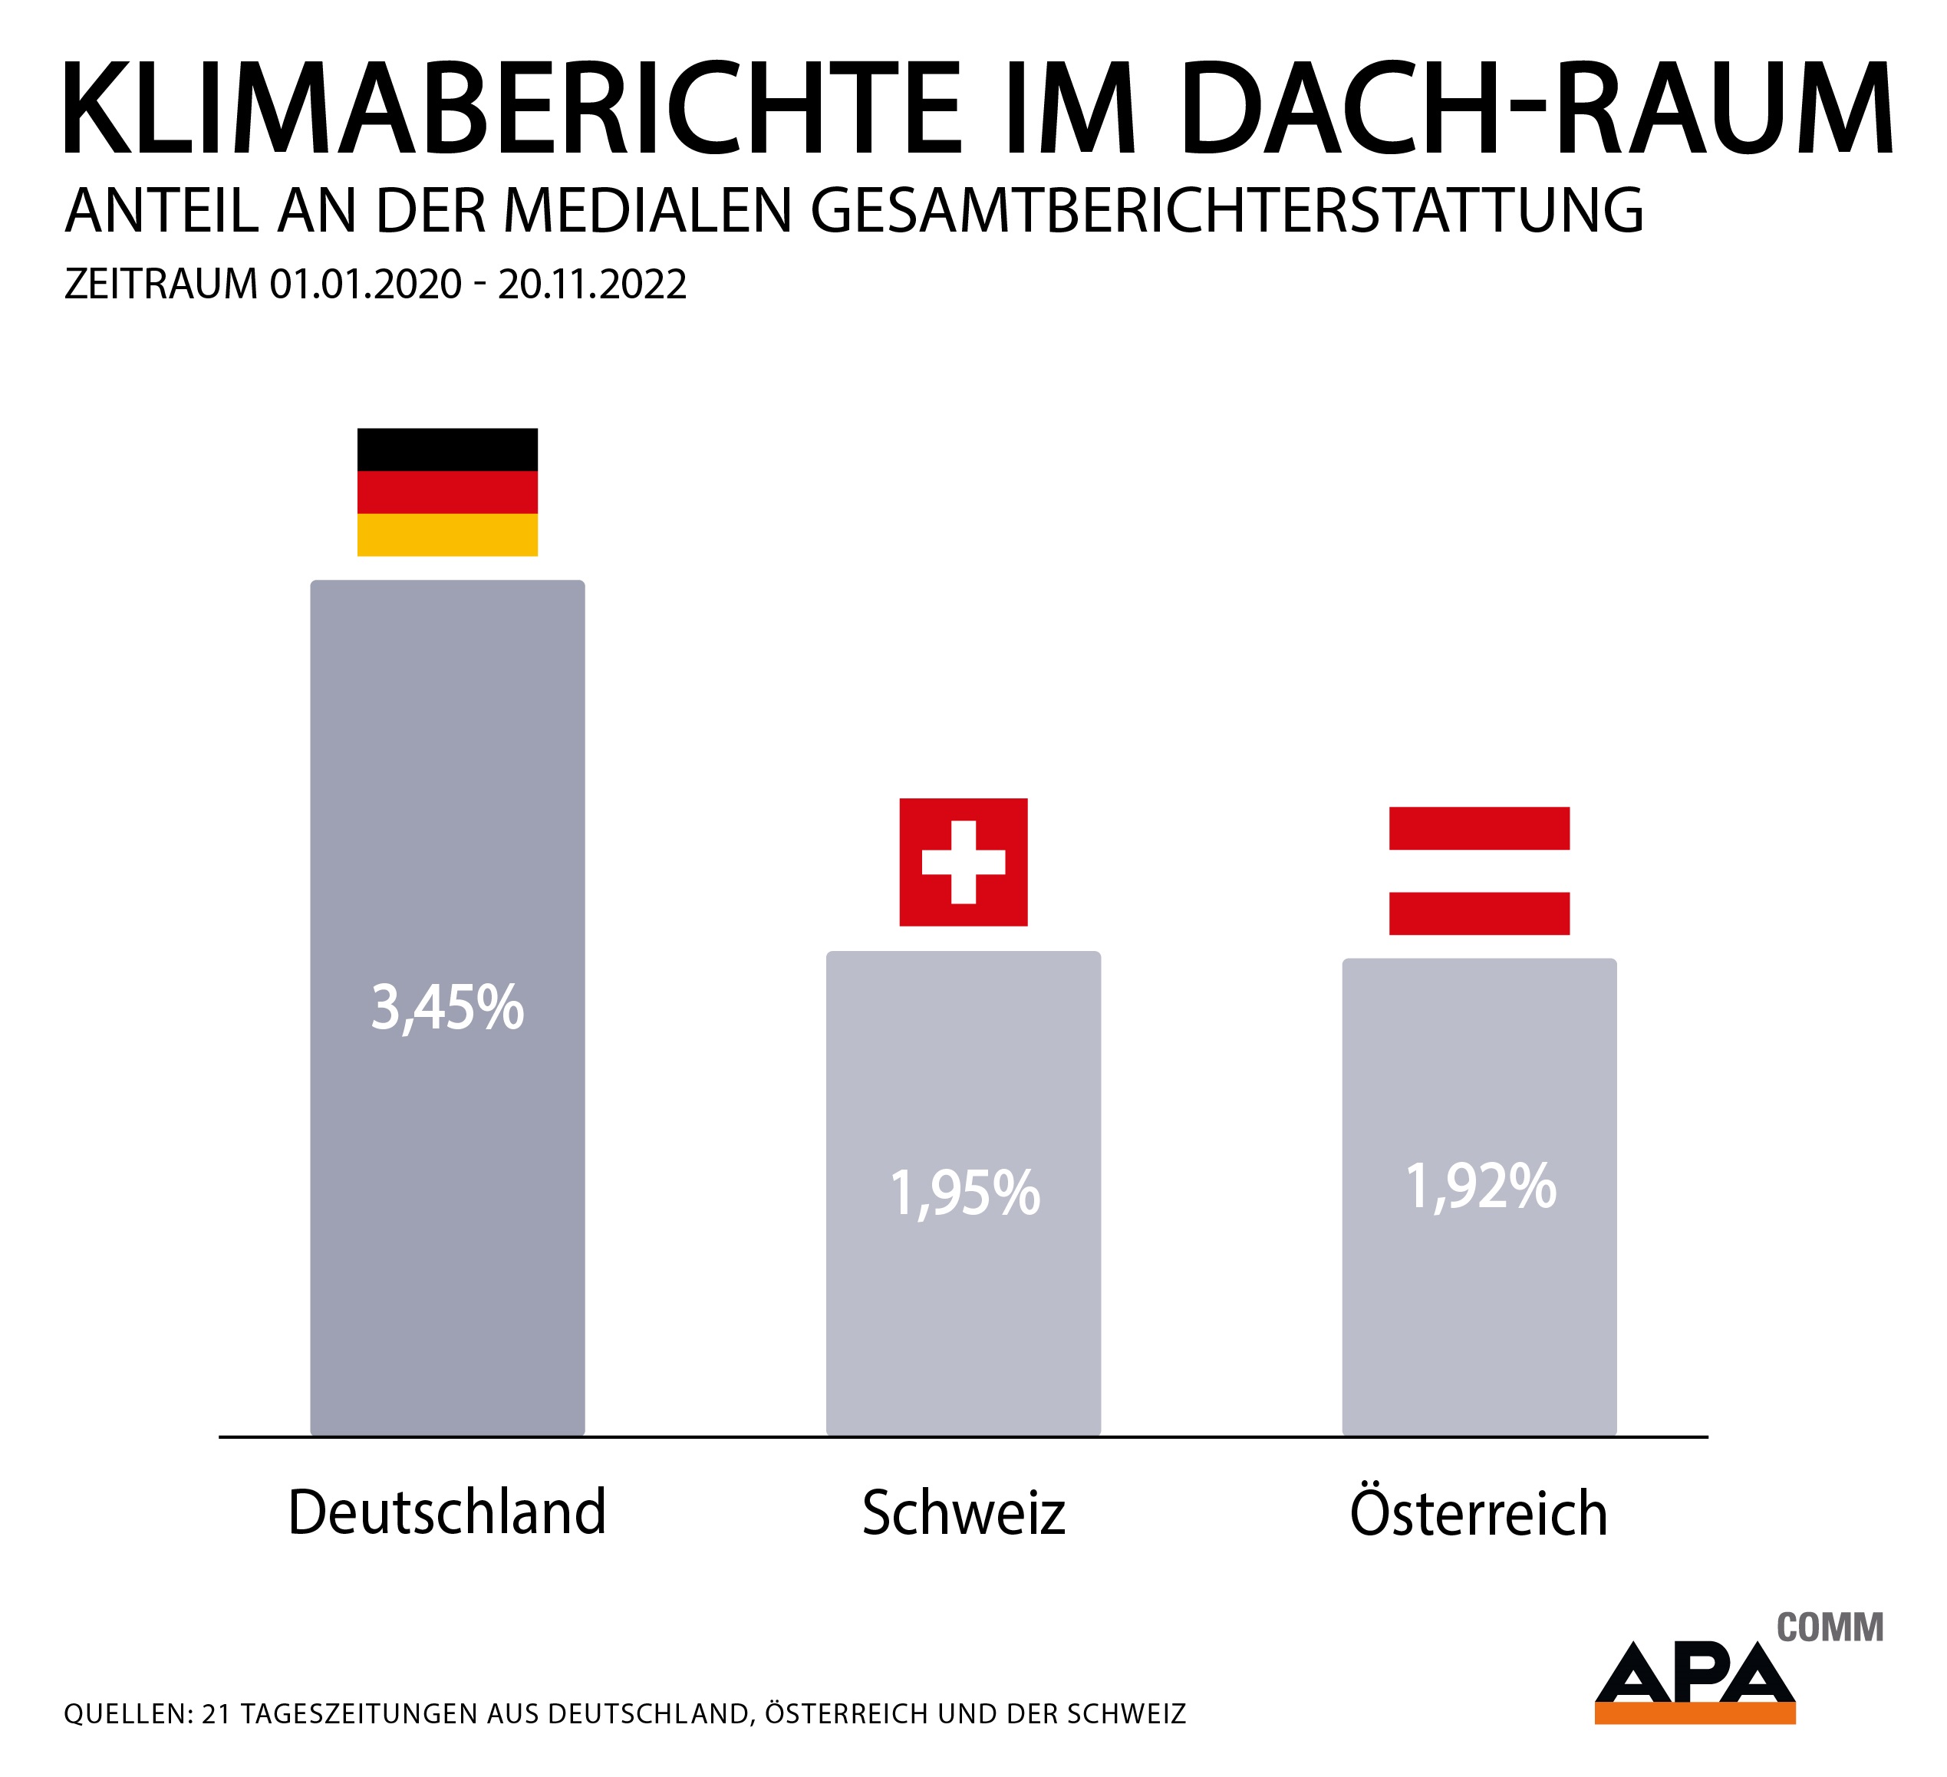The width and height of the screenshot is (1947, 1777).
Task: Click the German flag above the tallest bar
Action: tap(447, 492)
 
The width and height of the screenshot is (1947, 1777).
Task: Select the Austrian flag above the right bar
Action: tap(1478, 870)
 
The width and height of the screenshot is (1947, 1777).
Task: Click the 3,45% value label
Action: tap(447, 1007)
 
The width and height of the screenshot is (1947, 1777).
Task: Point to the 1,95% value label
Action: tap(964, 1193)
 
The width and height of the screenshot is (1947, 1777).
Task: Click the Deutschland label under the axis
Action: tap(447, 1512)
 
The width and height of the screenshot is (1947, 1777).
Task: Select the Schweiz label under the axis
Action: tap(963, 1513)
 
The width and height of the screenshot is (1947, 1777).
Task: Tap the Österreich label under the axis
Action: tap(1478, 1513)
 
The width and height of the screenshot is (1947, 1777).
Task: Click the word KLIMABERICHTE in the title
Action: tap(512, 107)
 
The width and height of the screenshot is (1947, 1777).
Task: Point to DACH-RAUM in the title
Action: tap(1536, 107)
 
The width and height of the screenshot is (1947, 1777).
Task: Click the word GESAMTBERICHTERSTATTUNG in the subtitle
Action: tap(1227, 211)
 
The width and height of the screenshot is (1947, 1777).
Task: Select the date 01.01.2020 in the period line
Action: tap(366, 285)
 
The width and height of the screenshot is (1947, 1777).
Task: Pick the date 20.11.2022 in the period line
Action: tap(592, 285)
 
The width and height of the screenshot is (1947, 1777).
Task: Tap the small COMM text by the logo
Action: tap(1830, 1627)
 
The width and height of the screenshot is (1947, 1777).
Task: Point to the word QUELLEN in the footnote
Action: tap(127, 1714)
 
